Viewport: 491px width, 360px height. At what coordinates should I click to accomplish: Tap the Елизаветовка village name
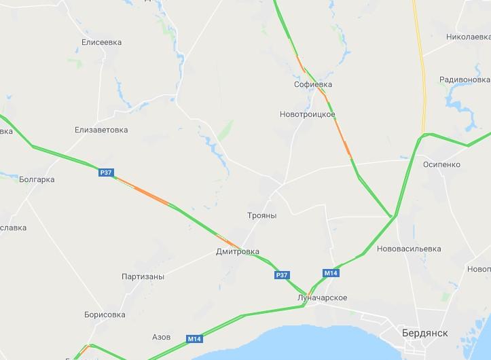101,129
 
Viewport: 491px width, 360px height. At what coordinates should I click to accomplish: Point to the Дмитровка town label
237,251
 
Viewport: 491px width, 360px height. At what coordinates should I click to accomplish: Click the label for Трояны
261,215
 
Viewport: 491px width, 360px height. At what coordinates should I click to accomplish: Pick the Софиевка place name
313,84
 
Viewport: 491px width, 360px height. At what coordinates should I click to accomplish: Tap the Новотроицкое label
307,114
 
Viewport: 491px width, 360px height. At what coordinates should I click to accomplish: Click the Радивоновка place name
465,79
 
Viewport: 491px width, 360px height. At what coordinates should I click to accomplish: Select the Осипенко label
441,164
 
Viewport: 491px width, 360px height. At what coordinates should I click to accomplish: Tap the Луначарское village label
322,298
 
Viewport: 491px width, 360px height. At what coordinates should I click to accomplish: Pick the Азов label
162,337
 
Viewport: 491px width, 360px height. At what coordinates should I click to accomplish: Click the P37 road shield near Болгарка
106,173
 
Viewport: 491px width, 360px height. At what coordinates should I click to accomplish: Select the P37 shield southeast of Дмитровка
283,274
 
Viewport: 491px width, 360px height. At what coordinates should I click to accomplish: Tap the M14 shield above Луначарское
330,273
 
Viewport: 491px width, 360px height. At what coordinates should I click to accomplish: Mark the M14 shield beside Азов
194,338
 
